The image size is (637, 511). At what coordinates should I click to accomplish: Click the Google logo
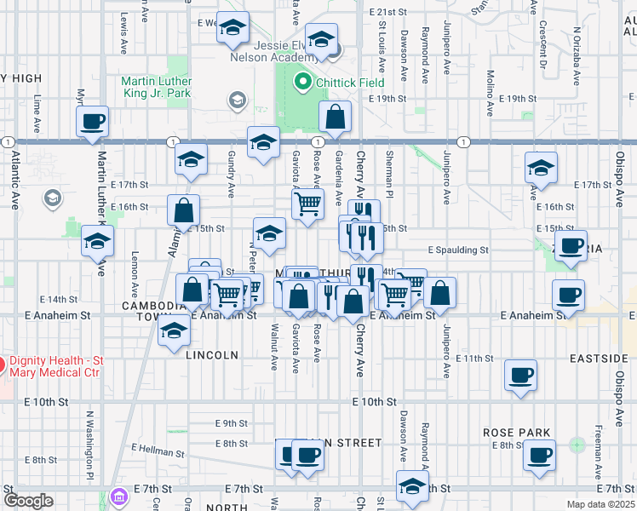(28, 501)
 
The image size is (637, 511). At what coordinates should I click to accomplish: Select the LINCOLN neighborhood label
(212, 354)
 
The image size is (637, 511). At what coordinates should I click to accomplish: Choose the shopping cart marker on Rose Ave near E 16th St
(307, 203)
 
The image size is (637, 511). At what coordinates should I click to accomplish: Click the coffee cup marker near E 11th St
(521, 374)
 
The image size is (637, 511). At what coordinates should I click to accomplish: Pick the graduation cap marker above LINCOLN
(174, 330)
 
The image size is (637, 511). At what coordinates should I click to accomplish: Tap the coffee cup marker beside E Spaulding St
(571, 244)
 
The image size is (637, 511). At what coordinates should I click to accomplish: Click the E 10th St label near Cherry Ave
(376, 401)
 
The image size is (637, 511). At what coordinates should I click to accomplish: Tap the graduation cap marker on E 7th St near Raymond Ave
(412, 487)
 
